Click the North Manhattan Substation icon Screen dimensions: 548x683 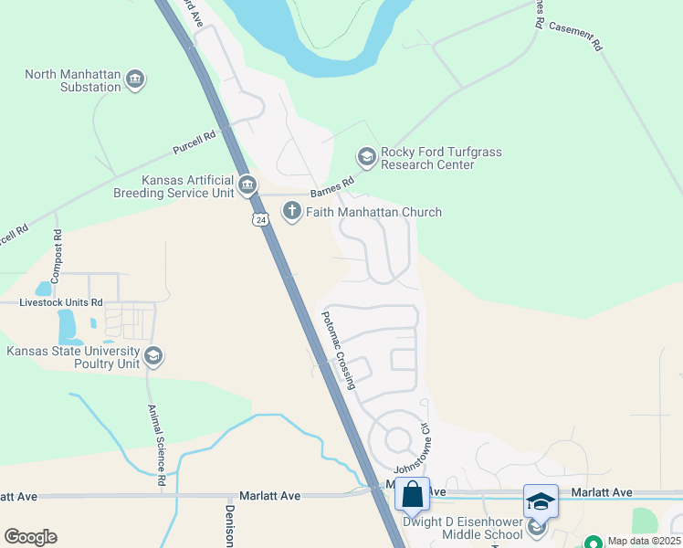click(135, 80)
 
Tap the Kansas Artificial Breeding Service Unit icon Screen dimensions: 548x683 click(247, 186)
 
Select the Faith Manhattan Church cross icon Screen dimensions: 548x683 click(291, 212)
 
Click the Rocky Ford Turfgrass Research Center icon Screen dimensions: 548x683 click(366, 158)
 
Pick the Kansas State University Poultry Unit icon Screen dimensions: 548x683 click(153, 356)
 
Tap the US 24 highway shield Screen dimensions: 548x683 click(261, 220)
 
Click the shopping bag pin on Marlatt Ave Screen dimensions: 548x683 click(412, 494)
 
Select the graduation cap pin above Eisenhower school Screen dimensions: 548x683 click(540, 501)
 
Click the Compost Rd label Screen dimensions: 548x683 click(58, 246)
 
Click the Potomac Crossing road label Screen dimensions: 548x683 click(338, 351)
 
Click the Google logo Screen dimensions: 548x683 click(30, 537)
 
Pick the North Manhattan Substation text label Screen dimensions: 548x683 click(73, 81)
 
